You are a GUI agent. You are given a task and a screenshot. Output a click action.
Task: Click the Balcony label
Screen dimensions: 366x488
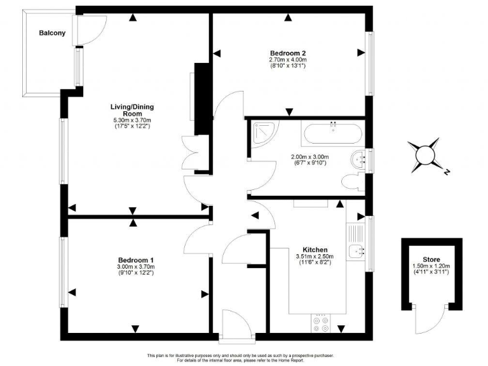(51, 33)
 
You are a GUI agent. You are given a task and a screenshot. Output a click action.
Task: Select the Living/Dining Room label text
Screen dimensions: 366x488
(133, 110)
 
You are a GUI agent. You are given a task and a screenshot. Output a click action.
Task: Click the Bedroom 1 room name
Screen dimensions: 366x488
(135, 260)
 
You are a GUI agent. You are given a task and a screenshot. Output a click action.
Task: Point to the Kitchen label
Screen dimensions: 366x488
(315, 250)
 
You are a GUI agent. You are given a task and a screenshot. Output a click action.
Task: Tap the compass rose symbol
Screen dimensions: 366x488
(424, 154)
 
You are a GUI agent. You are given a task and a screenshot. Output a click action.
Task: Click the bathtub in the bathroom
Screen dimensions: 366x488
(332, 134)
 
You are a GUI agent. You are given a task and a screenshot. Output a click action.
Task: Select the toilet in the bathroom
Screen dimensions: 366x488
(351, 182)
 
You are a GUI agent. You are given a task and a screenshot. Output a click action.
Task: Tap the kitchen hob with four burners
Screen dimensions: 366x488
(321, 325)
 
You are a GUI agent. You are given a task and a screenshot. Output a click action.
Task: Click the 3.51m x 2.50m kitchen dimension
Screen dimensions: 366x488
(315, 257)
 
